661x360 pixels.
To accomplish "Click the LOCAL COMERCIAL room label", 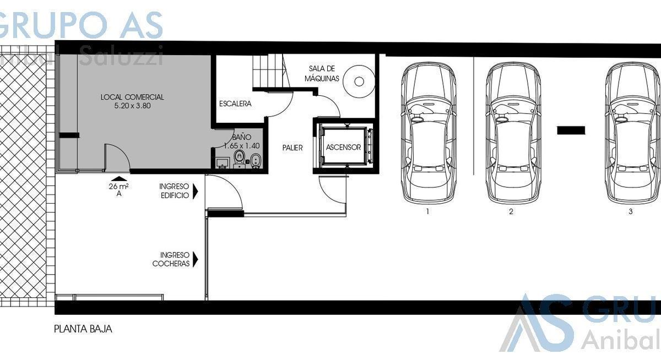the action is point(132,97).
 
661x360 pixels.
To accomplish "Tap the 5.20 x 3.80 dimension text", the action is point(133,106).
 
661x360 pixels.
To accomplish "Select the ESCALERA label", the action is point(235,104).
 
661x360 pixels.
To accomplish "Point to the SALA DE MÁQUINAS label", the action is point(322,74).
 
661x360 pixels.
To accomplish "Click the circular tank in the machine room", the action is point(359,81).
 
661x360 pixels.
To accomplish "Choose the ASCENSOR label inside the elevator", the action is point(344,147).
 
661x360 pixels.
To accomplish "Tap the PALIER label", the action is point(292,148).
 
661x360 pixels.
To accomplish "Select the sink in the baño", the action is point(223,163).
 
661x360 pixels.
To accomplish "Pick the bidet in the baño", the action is point(256,161).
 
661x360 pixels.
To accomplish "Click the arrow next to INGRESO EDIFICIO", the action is point(196,192).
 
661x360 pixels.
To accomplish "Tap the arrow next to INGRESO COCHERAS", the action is point(196,259).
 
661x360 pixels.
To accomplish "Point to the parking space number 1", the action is point(427,211).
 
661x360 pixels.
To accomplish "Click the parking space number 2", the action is point(511,211).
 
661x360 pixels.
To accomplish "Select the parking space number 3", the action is point(631,211).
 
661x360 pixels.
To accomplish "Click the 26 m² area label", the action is point(118,187).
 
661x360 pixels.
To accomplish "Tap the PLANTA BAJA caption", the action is point(83,329).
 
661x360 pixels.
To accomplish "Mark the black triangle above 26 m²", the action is point(119,179).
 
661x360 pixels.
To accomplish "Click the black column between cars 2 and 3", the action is point(571,130).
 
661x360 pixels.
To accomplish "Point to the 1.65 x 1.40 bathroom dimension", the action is point(242,146).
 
